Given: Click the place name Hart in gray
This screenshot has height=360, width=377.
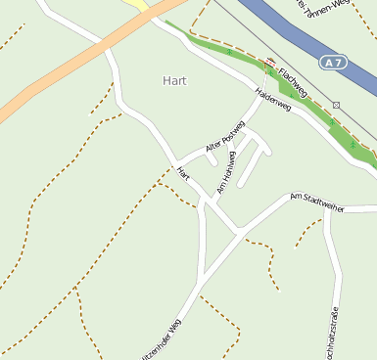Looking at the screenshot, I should click(173, 81).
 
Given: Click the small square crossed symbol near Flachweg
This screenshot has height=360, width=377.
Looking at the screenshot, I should click(336, 104).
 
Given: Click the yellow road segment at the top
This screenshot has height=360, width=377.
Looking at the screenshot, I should click(140, 5).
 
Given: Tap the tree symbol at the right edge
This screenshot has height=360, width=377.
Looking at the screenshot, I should click(353, 144).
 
